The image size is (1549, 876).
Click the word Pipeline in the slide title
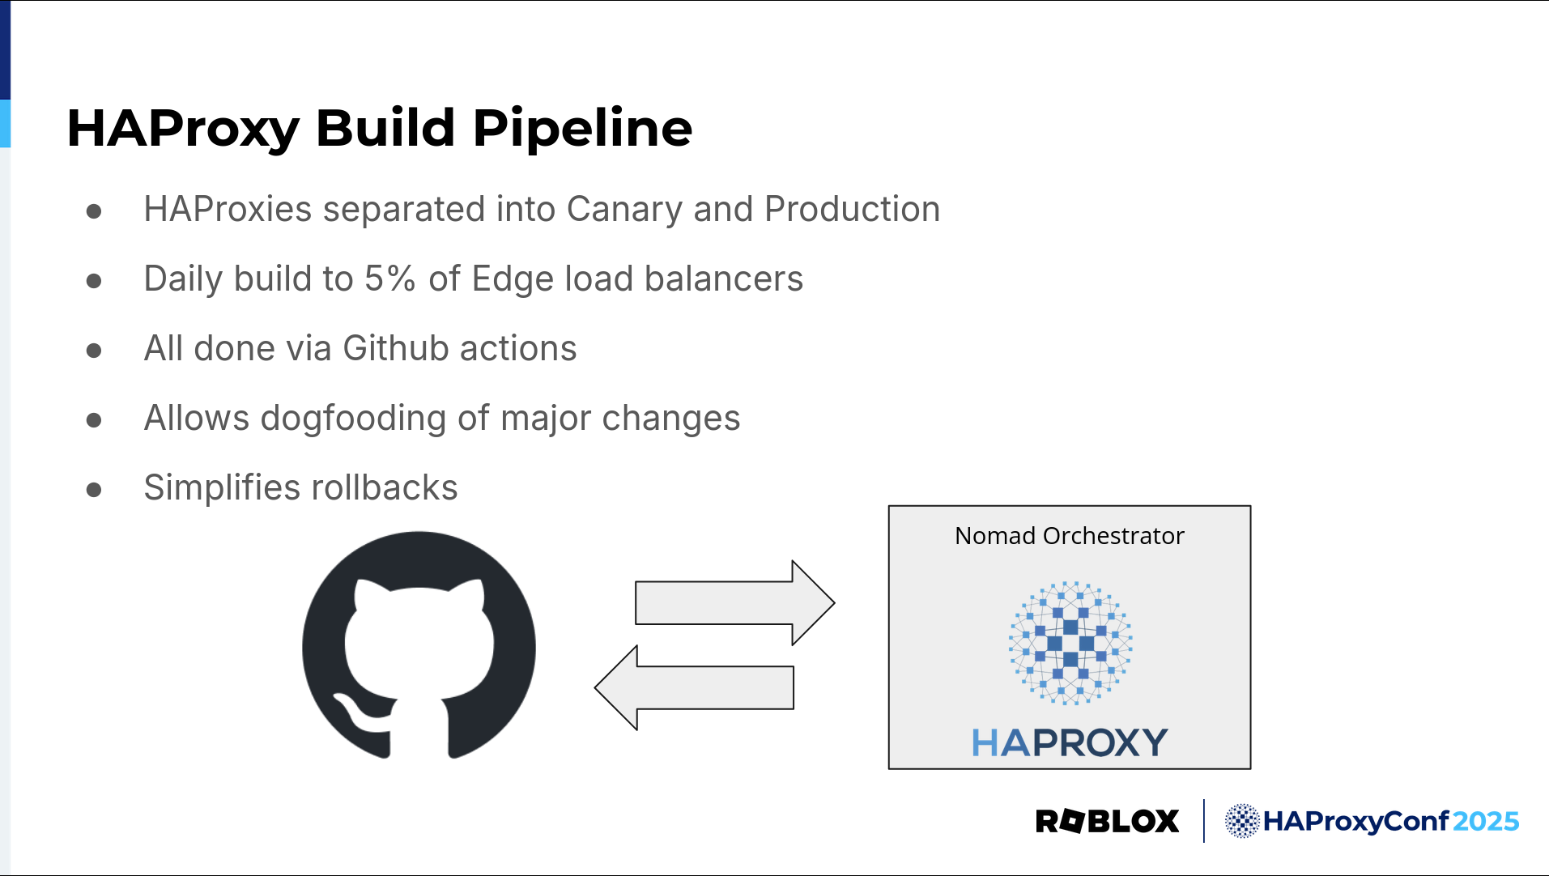[x=582, y=129]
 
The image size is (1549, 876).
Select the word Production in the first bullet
[x=852, y=209]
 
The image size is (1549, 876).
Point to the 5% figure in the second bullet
[x=390, y=279]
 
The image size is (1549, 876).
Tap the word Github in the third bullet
[x=396, y=348]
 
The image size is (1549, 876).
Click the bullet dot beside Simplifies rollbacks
[x=94, y=490]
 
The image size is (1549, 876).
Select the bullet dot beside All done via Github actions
[x=94, y=351]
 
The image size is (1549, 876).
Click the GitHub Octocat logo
[x=419, y=645]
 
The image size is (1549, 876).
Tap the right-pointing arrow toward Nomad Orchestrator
[x=734, y=603]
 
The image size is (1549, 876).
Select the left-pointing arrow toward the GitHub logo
[x=695, y=687]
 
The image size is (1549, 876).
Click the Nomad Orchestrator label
[x=1069, y=536]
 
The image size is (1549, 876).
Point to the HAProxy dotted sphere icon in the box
[x=1070, y=643]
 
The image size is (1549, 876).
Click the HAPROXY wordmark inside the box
[x=1070, y=742]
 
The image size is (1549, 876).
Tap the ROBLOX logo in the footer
[x=1107, y=821]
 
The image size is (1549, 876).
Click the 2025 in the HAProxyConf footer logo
[x=1486, y=821]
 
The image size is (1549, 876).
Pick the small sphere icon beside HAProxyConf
[x=1242, y=821]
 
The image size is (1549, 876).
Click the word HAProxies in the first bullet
[x=228, y=209]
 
